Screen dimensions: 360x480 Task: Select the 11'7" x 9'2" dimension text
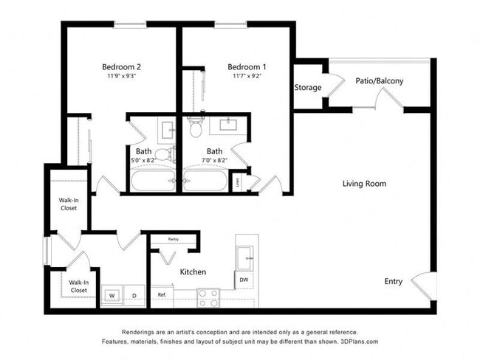(246, 75)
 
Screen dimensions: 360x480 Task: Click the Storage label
(308, 88)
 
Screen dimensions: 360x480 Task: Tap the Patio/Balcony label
(379, 81)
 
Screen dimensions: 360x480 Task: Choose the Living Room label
(364, 184)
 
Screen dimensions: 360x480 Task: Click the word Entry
(394, 281)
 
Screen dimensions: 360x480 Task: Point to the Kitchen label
(193, 272)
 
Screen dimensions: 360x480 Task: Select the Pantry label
(174, 239)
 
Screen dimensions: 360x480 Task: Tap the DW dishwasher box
(244, 280)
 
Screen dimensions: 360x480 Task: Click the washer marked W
(113, 296)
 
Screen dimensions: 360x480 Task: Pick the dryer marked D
(134, 296)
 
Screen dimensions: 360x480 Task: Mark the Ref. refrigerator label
(162, 295)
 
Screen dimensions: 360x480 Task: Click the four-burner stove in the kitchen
(208, 297)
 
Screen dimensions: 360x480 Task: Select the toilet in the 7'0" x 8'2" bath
(196, 129)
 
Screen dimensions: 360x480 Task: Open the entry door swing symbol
(418, 283)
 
